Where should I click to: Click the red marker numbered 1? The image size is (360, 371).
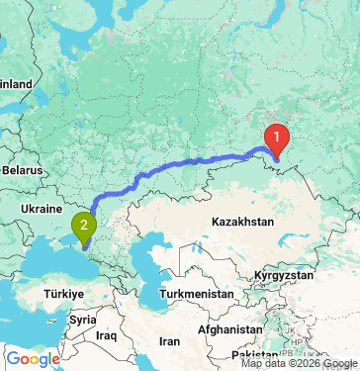(x=278, y=137)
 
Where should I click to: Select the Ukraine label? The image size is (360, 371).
(x=41, y=210)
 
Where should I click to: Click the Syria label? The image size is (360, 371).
(x=83, y=320)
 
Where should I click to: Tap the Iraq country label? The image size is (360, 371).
(x=108, y=336)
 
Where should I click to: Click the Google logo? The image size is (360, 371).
(x=32, y=359)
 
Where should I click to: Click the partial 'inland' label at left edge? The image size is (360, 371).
(x=16, y=84)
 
